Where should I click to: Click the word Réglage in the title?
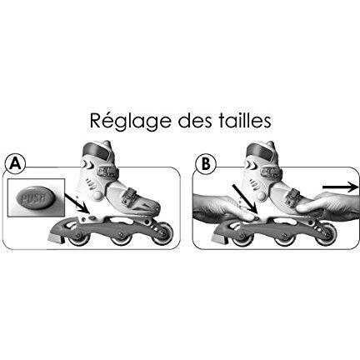[130, 122]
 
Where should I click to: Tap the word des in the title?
[192, 120]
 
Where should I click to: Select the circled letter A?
[15, 164]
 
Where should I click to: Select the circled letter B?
[206, 164]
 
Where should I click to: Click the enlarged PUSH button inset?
[36, 197]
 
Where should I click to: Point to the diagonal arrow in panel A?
[77, 203]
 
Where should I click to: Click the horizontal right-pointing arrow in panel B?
[341, 187]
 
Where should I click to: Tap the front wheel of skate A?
[162, 235]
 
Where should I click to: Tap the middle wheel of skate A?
[121, 236]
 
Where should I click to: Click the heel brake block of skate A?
[55, 237]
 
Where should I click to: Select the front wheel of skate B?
[326, 235]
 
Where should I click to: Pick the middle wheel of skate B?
[284, 236]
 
